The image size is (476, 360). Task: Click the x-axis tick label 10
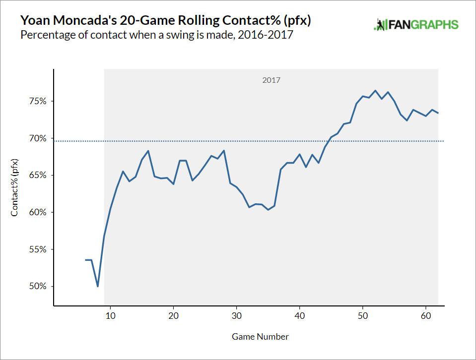(x=110, y=315)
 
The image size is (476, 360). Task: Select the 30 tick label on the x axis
(x=236, y=315)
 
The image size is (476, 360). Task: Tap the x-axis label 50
(x=362, y=315)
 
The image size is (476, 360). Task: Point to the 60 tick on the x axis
(x=425, y=315)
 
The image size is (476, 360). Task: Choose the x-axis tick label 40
(x=299, y=315)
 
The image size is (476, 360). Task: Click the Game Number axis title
(x=260, y=337)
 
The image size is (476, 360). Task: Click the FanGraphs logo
(x=416, y=25)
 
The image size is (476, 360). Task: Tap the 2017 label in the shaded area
(x=271, y=79)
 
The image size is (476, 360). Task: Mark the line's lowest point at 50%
(x=98, y=286)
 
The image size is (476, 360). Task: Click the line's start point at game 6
(x=85, y=260)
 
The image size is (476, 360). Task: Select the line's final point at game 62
(x=438, y=113)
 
